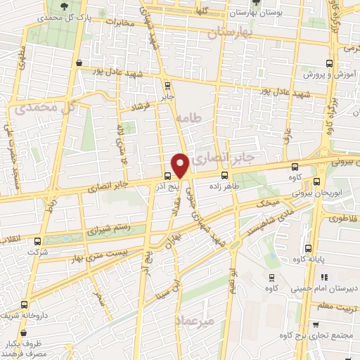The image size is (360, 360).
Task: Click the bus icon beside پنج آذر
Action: pos(167,176)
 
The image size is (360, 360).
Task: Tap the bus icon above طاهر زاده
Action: pos(224,176)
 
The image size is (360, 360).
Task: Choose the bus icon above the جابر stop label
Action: pos(167,86)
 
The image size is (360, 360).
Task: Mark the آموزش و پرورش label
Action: pos(328,74)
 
